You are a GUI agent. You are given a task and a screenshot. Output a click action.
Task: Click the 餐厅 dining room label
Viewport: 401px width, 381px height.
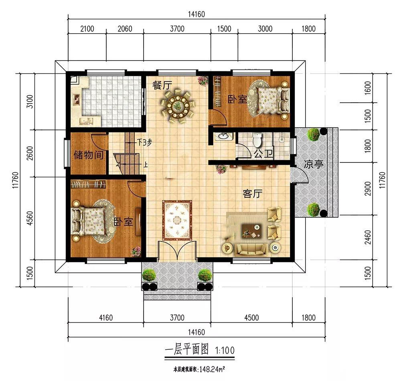tap(162, 85)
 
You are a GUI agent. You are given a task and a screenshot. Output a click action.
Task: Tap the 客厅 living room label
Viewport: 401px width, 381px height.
tap(252, 194)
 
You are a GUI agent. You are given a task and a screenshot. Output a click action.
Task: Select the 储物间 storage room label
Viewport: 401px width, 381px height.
tap(89, 155)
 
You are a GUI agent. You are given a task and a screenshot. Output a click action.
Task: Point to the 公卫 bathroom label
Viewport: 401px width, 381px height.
tap(263, 154)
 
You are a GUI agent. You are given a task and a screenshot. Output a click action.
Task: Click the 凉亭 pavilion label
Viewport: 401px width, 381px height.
tap(314, 164)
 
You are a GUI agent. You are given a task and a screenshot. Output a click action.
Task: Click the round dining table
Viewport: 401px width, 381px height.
tap(177, 105)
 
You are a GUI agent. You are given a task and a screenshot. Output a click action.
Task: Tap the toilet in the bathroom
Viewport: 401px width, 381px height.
tap(257, 140)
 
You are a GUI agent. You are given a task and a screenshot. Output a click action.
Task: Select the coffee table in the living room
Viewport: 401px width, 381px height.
tap(252, 230)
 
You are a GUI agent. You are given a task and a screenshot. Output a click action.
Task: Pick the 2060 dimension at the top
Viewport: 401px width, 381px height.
tap(125, 28)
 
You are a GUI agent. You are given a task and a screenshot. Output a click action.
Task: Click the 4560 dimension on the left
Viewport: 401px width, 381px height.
tap(30, 218)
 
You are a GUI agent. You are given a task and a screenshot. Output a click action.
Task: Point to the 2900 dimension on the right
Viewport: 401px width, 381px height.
tap(367, 189)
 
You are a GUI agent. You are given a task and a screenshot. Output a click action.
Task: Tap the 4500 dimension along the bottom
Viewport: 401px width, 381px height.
tap(251, 318)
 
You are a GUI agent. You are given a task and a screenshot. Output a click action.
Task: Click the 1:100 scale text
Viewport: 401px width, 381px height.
tap(225, 350)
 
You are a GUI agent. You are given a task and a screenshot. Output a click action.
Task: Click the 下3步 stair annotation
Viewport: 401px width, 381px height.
tap(144, 142)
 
